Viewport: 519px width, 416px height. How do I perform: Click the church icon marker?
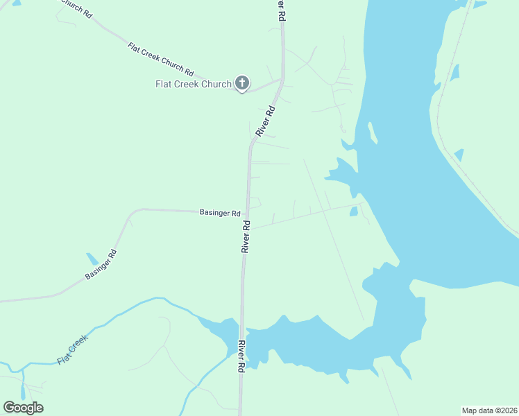(242, 84)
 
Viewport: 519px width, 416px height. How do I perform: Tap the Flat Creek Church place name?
(193, 85)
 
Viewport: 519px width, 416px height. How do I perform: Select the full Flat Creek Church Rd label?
(160, 58)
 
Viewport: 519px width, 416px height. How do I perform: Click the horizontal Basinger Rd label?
(220, 213)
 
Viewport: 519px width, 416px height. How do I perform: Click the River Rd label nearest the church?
(266, 120)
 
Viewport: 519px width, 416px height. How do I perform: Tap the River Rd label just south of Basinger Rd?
(246, 236)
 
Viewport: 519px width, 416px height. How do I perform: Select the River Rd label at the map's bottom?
(242, 357)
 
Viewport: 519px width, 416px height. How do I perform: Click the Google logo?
(23, 408)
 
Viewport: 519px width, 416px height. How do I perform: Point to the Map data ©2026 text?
(489, 410)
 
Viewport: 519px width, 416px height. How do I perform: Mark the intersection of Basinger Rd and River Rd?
(247, 211)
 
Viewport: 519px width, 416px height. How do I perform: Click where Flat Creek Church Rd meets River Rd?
(282, 80)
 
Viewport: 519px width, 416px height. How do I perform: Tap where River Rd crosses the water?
(242, 331)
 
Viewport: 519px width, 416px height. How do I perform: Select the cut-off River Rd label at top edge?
(282, 10)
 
